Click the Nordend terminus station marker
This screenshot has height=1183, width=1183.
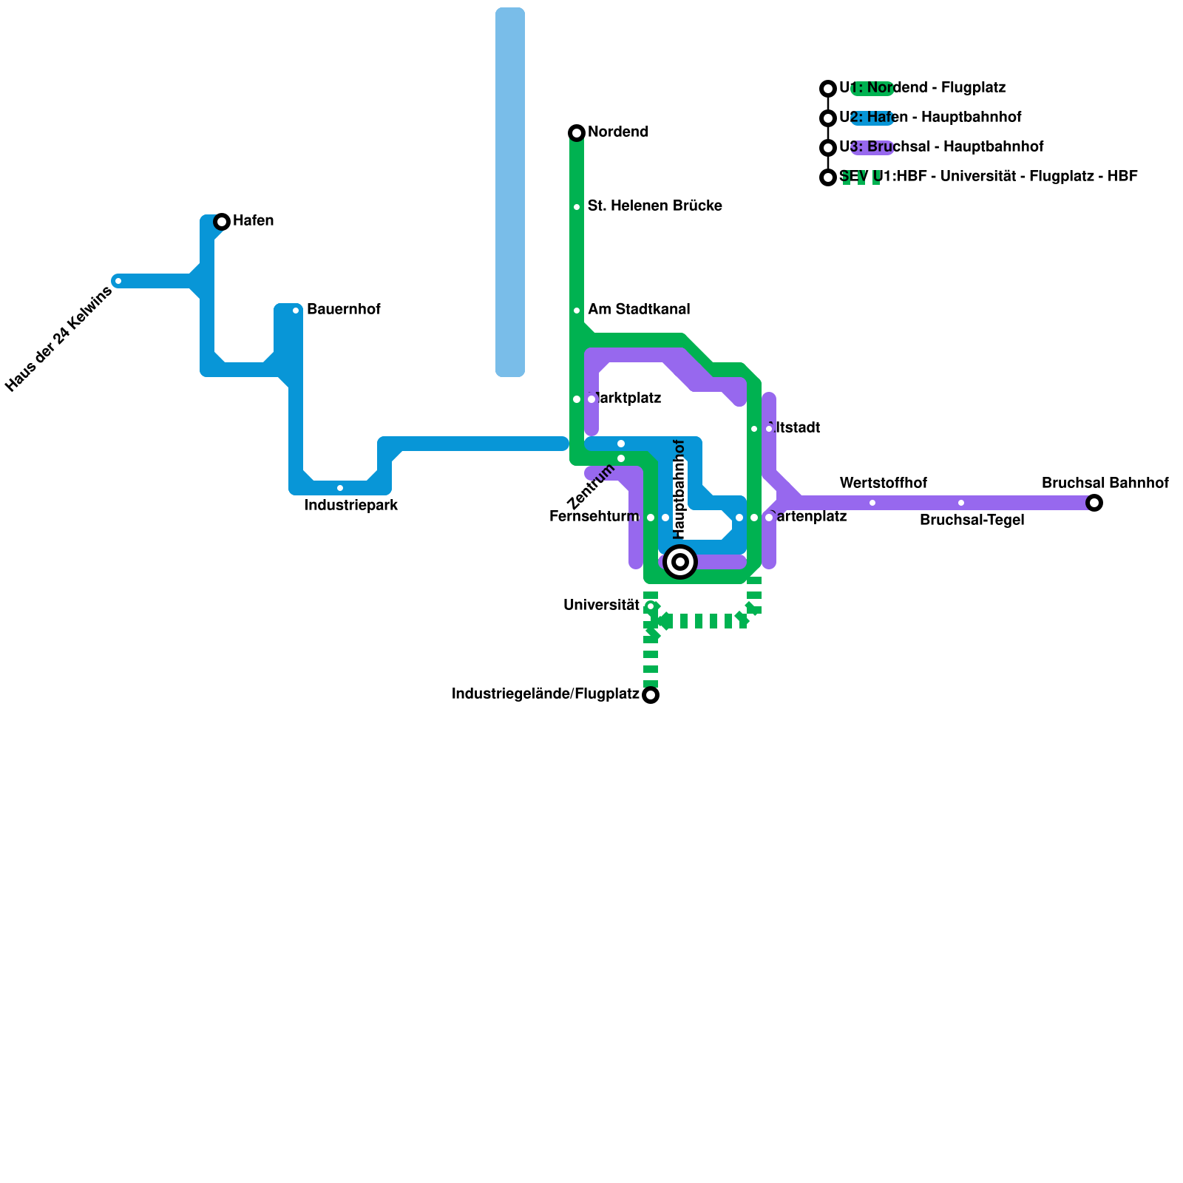[x=577, y=133]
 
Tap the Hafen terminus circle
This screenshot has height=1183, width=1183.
[x=222, y=222]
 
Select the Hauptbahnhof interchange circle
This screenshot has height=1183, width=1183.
[x=680, y=562]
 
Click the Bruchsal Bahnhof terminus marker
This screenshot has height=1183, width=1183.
[x=1094, y=503]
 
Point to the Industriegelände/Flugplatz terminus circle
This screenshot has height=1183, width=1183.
[x=651, y=695]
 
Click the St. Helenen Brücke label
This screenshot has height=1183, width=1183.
[x=654, y=206]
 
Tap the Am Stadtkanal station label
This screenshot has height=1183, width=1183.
[x=639, y=310]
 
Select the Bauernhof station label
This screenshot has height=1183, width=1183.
[x=343, y=310]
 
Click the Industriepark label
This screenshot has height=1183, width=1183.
[x=351, y=506]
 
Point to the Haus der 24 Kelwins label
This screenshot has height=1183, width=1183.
[x=59, y=339]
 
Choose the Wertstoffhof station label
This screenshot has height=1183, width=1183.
[x=883, y=484]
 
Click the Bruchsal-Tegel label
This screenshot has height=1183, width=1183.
[x=972, y=521]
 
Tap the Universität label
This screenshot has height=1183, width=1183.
[x=601, y=606]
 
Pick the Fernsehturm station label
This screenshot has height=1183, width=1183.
[x=594, y=517]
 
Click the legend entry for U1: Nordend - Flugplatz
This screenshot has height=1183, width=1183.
[x=922, y=88]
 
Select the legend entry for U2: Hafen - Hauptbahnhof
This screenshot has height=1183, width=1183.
[x=930, y=118]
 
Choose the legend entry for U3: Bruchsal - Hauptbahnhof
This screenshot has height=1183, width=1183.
[x=941, y=147]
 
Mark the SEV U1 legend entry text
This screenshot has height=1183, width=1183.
[x=989, y=177]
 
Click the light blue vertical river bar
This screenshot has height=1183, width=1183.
[x=510, y=192]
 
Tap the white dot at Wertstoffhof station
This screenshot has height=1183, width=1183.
[x=872, y=503]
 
